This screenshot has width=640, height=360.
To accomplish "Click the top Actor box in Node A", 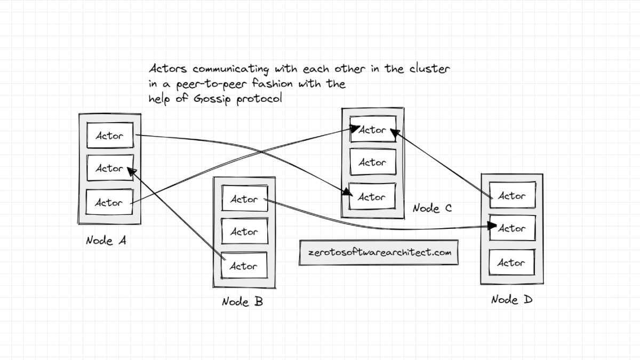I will (x=110, y=135).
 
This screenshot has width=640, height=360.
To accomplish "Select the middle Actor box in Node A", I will (x=110, y=168).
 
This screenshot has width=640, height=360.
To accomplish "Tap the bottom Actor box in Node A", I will (x=109, y=202).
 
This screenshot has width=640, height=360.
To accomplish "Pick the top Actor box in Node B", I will (x=244, y=199).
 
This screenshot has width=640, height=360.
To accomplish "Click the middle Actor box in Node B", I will (x=244, y=232).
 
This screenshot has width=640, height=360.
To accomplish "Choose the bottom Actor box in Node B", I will (x=244, y=266).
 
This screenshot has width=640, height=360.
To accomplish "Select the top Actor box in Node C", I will (x=372, y=130).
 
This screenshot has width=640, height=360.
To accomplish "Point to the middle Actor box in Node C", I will (x=372, y=163).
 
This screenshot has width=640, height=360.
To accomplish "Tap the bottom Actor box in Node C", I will (x=372, y=197).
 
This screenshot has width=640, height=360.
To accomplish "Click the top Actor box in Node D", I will (x=512, y=196).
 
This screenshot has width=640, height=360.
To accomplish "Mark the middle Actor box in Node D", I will (x=512, y=228).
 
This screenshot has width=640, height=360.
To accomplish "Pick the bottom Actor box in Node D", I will (x=511, y=262).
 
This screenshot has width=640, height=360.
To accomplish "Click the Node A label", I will (x=107, y=241).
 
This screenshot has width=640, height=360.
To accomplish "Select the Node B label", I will (x=242, y=302).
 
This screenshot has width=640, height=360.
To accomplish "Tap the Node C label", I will (x=432, y=209).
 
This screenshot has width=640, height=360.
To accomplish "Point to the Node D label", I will (x=511, y=300).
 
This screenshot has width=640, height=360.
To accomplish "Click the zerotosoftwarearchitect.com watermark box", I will (x=379, y=252).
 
